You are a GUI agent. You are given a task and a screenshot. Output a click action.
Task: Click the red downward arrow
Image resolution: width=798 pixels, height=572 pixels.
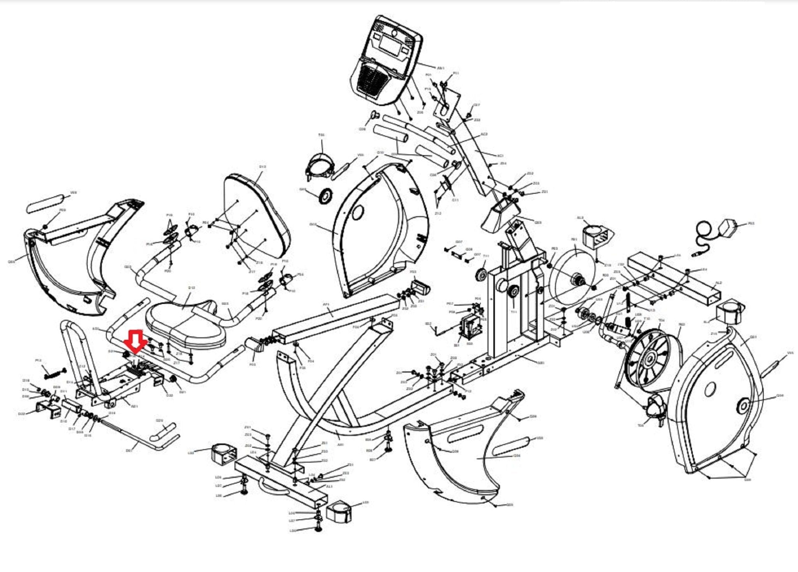135,340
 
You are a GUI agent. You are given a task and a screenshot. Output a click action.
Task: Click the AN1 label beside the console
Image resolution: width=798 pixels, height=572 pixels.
441,68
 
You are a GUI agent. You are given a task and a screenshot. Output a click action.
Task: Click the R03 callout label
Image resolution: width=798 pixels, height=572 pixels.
751,224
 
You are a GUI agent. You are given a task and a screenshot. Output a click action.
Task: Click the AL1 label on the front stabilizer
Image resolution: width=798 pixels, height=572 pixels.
329,487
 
